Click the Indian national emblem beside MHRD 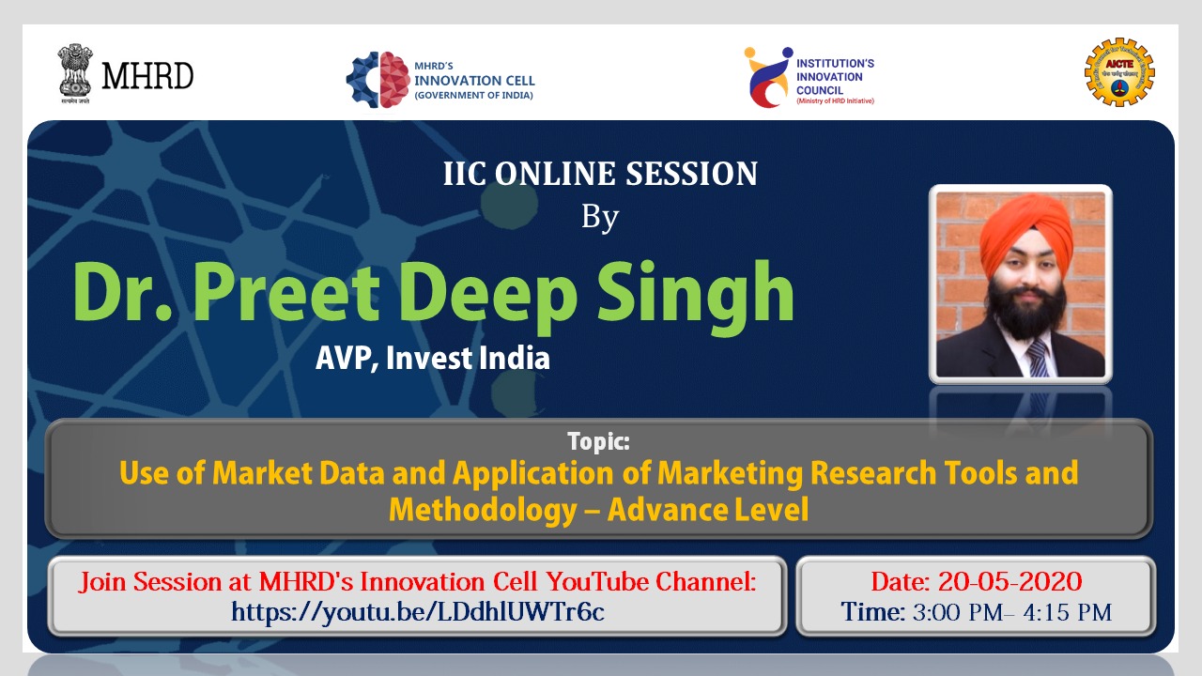click(x=75, y=73)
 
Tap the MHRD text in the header click(x=147, y=76)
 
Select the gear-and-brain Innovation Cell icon click(x=378, y=80)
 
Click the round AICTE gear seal click(x=1119, y=72)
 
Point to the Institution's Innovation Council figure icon click(x=767, y=77)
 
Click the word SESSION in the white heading click(x=692, y=174)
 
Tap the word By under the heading click(x=600, y=218)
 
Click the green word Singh click(x=696, y=297)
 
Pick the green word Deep click(x=488, y=298)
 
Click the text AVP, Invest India click(x=433, y=358)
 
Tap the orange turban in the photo click(x=1026, y=232)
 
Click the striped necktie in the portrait click(x=1038, y=358)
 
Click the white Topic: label click(x=598, y=441)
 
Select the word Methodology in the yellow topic click(x=483, y=510)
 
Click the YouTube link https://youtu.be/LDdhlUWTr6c click(x=418, y=612)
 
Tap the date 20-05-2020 click(x=1009, y=581)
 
